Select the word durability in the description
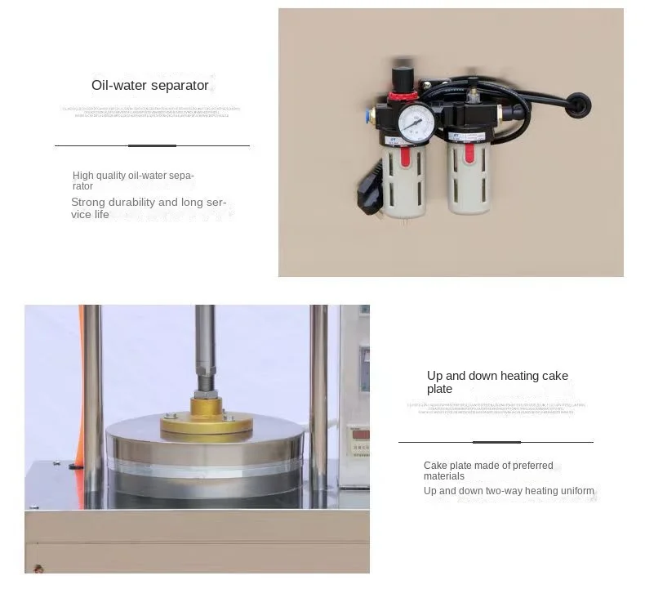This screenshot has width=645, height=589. click(130, 202)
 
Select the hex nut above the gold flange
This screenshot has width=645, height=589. click(205, 384)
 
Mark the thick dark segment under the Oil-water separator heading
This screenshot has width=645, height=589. click(152, 145)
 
